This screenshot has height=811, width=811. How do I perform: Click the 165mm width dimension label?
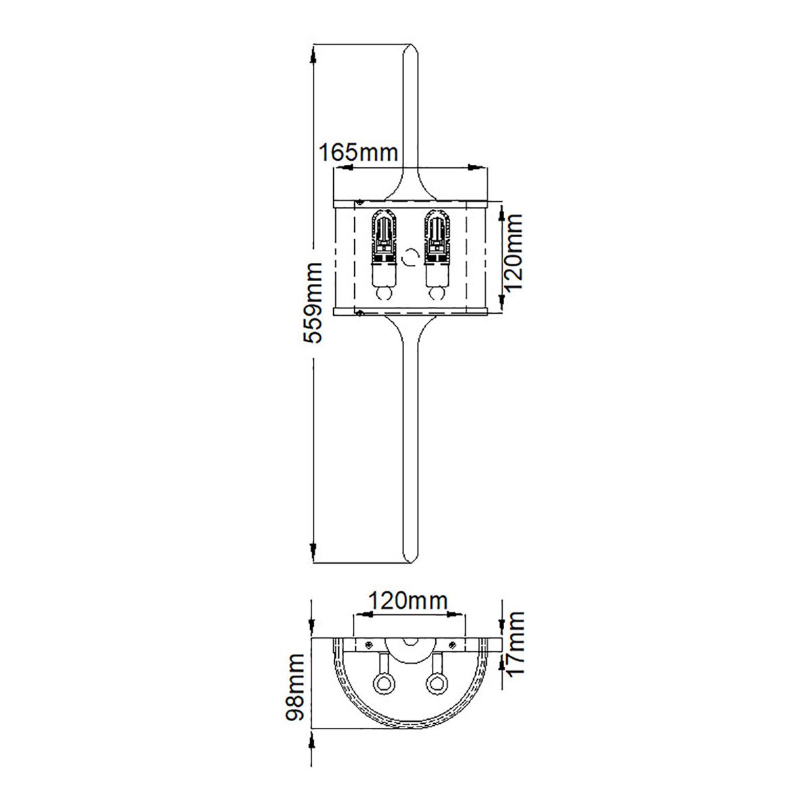point(358,152)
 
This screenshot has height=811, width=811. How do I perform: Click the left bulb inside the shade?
point(383,257)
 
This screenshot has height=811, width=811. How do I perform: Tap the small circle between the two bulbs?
point(409,257)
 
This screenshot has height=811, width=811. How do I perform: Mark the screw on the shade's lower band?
point(361,312)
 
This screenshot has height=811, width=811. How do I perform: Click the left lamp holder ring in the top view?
point(384,683)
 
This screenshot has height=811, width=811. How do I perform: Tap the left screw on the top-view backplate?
point(369,643)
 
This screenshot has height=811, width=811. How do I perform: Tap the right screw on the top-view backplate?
point(449,643)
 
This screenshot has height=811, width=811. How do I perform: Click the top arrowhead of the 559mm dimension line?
point(313,54)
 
